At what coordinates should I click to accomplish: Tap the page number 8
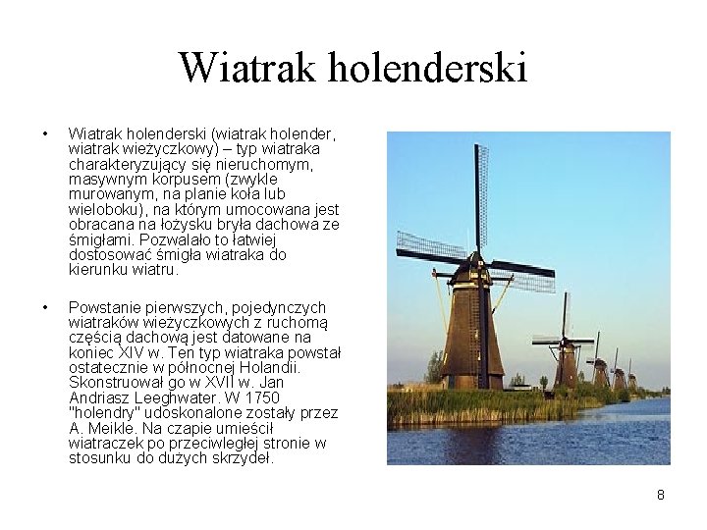[661, 495]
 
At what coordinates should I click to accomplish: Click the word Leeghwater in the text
[183, 397]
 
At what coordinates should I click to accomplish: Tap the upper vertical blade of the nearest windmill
[481, 195]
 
